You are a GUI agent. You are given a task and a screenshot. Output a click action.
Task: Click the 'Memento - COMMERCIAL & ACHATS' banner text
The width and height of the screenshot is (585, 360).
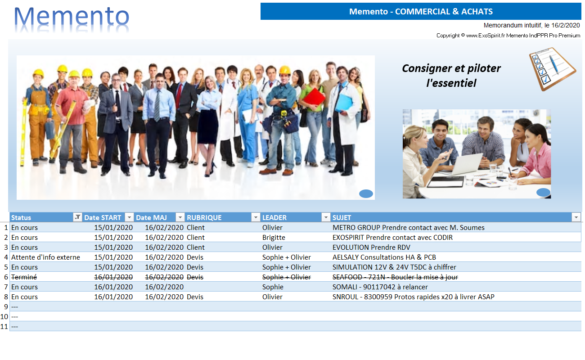pos(421,12)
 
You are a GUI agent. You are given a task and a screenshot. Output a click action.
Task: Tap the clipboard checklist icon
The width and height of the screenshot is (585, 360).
pos(552,69)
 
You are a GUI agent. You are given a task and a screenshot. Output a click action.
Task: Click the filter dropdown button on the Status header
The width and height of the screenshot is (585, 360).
pos(77,217)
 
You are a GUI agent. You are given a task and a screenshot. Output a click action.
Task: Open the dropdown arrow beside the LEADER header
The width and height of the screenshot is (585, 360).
pos(325,217)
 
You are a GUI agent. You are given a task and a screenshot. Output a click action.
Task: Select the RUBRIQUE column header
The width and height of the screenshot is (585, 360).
pos(204,218)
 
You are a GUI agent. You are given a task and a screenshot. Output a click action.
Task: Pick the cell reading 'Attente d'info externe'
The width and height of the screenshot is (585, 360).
pos(45,257)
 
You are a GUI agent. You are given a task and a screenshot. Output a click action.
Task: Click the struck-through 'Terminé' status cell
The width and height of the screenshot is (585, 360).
pos(24,277)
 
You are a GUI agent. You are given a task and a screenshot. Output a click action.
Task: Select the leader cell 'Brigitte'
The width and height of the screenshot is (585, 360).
pos(274,238)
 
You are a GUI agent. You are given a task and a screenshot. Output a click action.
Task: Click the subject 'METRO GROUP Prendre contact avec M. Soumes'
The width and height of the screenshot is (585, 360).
pos(409,228)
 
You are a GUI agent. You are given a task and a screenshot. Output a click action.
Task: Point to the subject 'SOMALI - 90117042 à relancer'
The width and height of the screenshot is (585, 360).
pos(380,287)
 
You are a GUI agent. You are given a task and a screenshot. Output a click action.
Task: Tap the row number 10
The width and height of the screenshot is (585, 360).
pos(4,317)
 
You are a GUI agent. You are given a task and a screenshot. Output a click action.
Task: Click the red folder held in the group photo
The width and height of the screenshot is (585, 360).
pos(315,97)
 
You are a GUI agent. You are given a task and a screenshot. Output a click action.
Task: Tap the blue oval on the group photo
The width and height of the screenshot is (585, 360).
pos(366,193)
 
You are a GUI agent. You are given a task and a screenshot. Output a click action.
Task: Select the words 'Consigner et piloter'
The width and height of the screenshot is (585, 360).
pos(451,68)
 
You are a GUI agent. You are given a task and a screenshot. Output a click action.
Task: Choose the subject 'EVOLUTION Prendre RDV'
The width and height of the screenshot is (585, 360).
pos(371,247)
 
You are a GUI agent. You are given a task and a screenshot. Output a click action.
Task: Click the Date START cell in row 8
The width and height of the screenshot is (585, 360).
pos(113,297)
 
